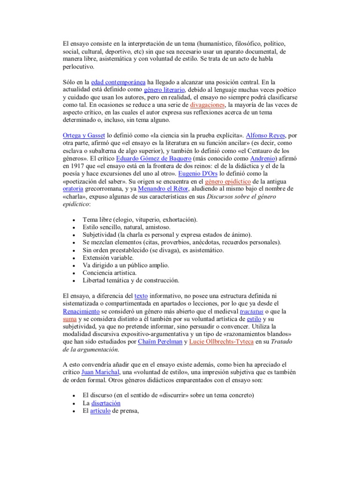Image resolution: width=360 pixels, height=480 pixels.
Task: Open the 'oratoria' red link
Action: (75, 188)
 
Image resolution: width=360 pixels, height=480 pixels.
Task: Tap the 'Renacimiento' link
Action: (81, 311)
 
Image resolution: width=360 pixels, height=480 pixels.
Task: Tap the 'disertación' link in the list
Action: (106, 403)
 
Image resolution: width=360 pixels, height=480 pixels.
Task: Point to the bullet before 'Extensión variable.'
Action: (75, 257)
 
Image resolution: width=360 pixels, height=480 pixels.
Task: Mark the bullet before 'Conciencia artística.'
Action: (75, 273)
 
